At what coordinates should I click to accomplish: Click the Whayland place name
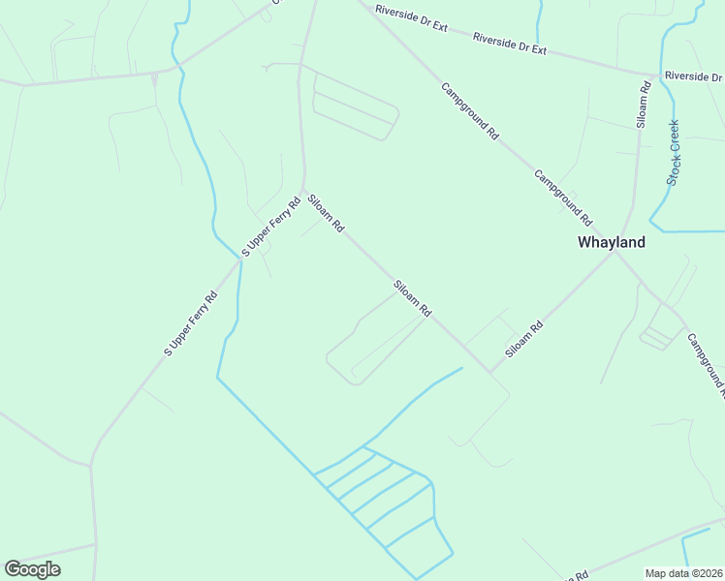tap(611, 243)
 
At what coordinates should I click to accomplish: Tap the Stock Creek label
tap(674, 152)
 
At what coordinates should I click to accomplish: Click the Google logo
tap(32, 569)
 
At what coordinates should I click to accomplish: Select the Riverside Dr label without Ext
tap(693, 76)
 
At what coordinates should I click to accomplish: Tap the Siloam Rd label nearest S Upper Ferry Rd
tap(326, 214)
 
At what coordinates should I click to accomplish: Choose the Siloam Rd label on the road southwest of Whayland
tap(522, 342)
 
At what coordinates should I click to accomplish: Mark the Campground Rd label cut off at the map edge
tap(706, 366)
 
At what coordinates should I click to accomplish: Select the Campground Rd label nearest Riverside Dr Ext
tap(470, 111)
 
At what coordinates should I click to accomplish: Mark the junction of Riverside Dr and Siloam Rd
tap(647, 74)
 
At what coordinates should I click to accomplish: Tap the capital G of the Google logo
tap(13, 569)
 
